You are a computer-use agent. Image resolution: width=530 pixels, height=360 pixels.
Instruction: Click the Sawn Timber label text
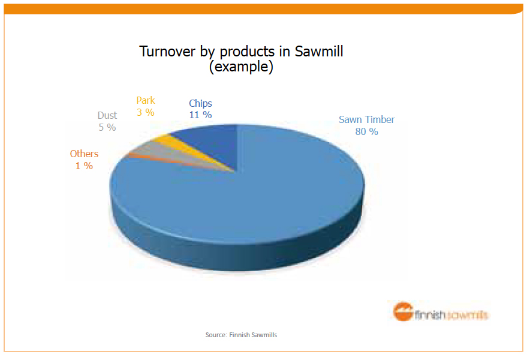click(x=367, y=120)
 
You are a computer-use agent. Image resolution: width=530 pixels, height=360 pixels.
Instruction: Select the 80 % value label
click(x=367, y=131)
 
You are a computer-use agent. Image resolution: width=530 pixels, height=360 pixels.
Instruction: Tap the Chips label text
click(x=200, y=104)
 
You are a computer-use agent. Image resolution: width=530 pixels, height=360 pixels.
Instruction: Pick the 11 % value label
click(x=200, y=115)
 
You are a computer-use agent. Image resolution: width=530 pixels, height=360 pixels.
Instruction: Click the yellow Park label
click(x=146, y=100)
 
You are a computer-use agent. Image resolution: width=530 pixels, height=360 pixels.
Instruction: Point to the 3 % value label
click(x=146, y=112)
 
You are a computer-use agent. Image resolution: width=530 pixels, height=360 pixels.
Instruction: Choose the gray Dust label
click(x=107, y=115)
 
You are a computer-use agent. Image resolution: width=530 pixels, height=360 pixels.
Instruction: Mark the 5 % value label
click(x=107, y=127)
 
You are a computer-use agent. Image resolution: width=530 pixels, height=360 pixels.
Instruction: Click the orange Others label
click(x=84, y=154)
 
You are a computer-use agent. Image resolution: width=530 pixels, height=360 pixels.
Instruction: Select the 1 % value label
click(x=84, y=166)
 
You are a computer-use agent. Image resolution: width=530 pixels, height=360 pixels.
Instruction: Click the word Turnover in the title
click(x=168, y=52)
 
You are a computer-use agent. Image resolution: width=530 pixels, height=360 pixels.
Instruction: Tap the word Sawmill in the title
click(x=319, y=52)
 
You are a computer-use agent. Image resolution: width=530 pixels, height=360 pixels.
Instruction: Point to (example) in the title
click(x=242, y=67)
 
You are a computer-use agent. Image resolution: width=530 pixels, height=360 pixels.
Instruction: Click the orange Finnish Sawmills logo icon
click(x=403, y=311)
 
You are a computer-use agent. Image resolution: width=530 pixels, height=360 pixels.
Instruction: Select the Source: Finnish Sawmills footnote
click(x=242, y=335)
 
